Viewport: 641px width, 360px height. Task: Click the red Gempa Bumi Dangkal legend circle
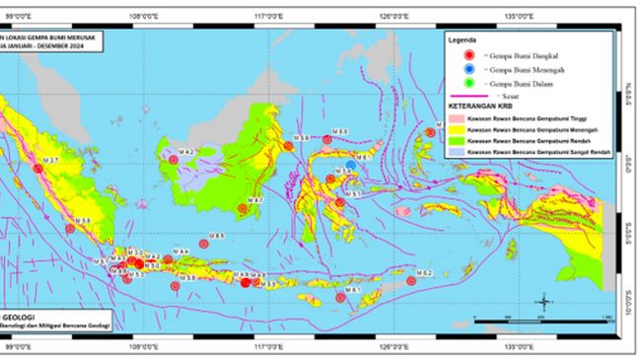471,55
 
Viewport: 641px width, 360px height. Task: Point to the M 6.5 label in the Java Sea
218,236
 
